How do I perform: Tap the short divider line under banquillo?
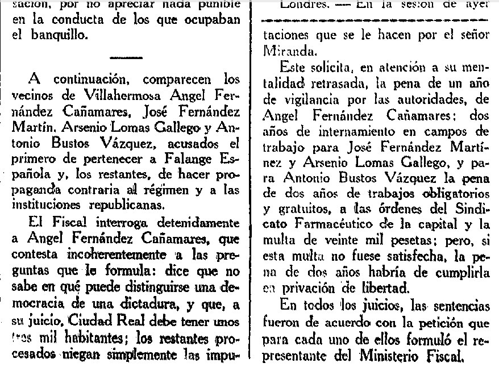click(127, 57)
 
